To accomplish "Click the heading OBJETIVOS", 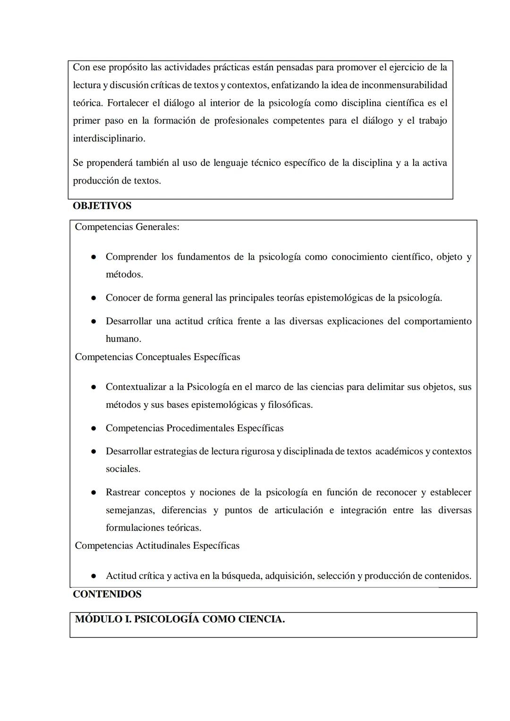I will (102, 206).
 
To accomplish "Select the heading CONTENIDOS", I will (107, 594).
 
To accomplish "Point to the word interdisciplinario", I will (109, 138).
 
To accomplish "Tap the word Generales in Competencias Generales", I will (157, 227).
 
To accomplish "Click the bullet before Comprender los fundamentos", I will (94, 257).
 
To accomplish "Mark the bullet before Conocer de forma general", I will (94, 298).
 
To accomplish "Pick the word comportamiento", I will (437, 321).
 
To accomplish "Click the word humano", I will (123, 339).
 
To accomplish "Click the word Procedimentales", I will (200, 428).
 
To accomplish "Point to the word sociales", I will (123, 469).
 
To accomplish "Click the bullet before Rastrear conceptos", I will (94, 493).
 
